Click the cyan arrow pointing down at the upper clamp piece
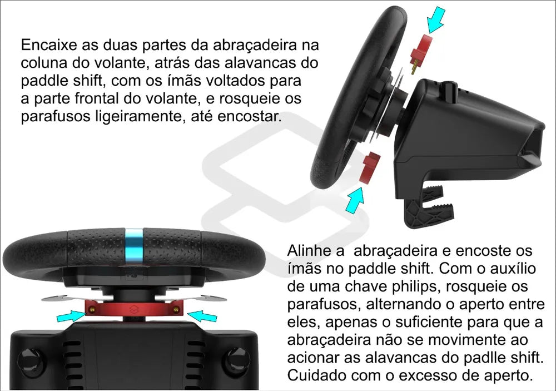(x=435, y=20)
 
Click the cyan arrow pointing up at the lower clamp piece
(x=355, y=200)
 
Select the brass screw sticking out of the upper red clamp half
(x=414, y=68)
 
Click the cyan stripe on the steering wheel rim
(x=134, y=246)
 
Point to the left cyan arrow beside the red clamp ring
(x=71, y=315)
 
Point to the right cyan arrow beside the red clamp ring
(x=202, y=315)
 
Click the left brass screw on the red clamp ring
(x=92, y=310)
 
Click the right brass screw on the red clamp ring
(x=176, y=310)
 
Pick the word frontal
(x=97, y=98)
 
